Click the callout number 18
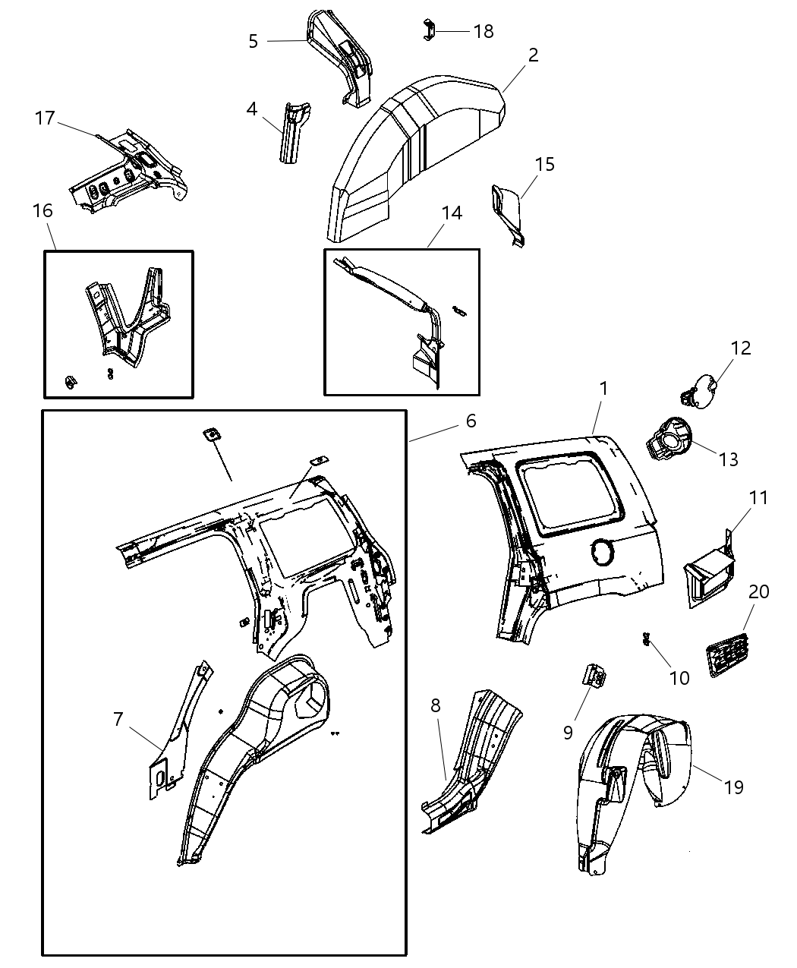tap(483, 31)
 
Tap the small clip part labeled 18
tap(428, 31)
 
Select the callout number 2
tap(533, 55)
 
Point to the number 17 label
tap(46, 118)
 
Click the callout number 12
tap(741, 348)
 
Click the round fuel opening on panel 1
tap(603, 552)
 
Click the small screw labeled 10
tap(647, 640)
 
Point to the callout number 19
tap(733, 787)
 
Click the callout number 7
tap(118, 718)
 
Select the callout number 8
tap(435, 705)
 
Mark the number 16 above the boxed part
tap(43, 210)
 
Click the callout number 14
tap(451, 213)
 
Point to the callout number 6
tap(471, 420)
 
